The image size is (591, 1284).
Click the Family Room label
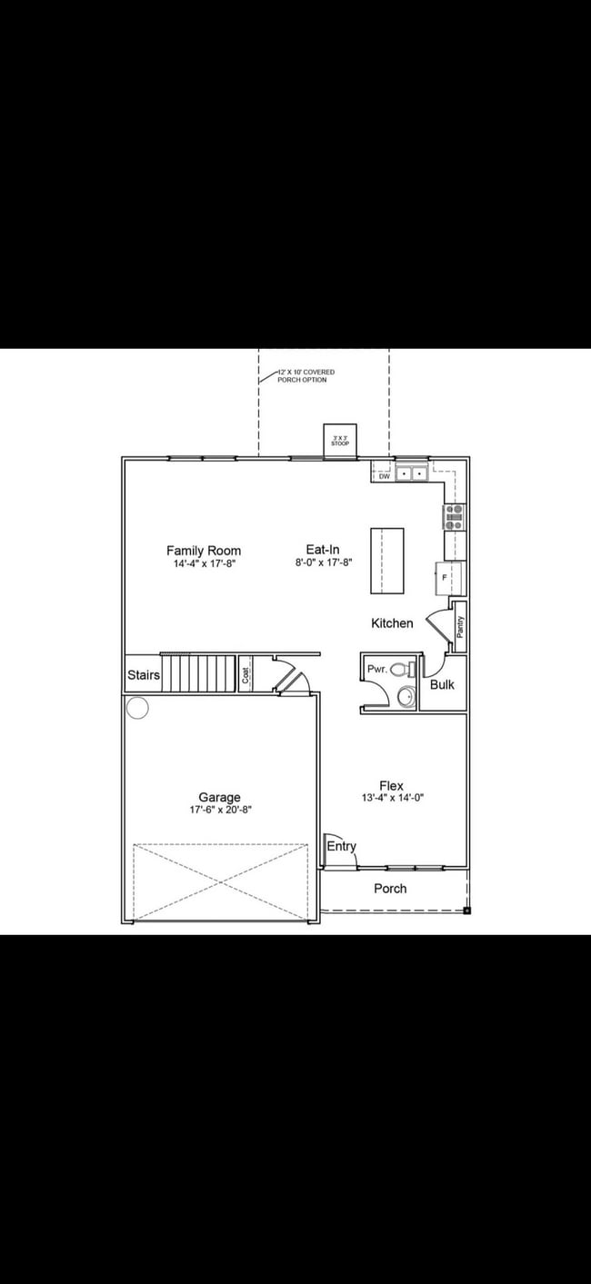pos(204,551)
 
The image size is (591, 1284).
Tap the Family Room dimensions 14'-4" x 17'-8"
pos(204,564)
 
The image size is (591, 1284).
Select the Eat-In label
pos(323,550)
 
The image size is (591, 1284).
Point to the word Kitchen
pos(392,623)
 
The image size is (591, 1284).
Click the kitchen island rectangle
pos(386,560)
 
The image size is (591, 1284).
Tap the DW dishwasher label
pos(384,475)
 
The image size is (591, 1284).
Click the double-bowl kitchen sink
pos(413,473)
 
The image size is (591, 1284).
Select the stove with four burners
pos(454,517)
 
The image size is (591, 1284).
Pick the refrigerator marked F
pos(449,577)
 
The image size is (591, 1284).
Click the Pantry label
pos(460,627)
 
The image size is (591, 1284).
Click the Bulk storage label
pos(442,684)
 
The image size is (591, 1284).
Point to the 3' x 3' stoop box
pos(340,441)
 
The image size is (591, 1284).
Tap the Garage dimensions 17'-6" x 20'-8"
pos(220,810)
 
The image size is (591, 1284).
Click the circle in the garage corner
pos(137,707)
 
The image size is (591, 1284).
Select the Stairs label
pos(144,675)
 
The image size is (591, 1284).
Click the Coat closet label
pos(246,674)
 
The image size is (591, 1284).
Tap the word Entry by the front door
pos(341,846)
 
